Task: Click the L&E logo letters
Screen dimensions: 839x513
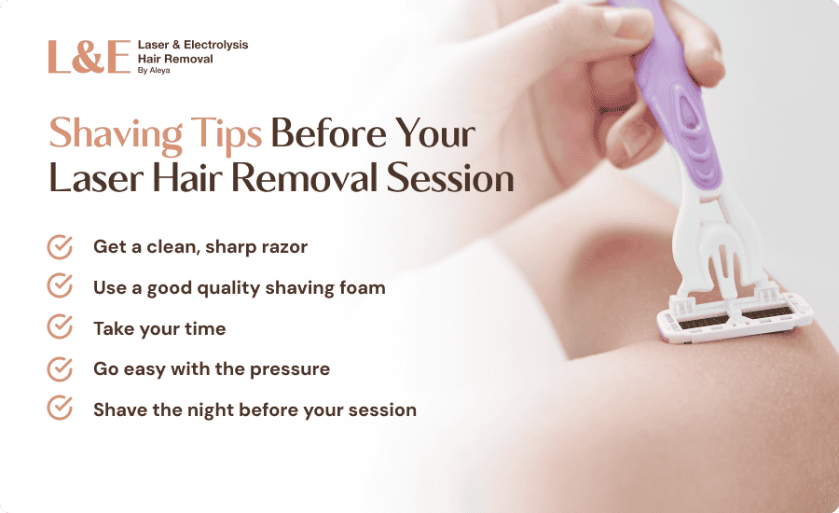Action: coord(89,57)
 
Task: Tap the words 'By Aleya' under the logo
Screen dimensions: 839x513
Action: coord(154,70)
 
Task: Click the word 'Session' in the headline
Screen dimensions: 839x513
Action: coord(450,178)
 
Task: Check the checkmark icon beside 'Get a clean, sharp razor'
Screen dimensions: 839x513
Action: coord(60,247)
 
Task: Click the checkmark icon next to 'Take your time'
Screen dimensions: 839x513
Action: coord(60,326)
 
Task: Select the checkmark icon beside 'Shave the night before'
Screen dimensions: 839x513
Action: coord(60,408)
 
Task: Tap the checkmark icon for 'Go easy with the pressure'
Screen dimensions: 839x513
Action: coord(60,368)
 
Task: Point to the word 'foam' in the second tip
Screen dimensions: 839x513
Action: coord(363,287)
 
